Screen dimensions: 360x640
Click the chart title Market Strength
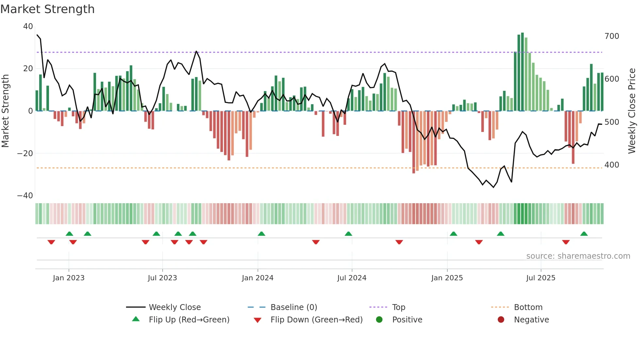(x=47, y=9)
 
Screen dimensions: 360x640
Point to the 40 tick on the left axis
(x=28, y=26)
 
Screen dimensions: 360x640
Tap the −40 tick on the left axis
(x=25, y=196)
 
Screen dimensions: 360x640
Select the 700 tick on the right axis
(x=612, y=36)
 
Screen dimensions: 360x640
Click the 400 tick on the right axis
(x=612, y=165)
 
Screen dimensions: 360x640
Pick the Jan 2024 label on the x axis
(x=258, y=278)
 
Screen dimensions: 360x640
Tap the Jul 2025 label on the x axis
(x=541, y=278)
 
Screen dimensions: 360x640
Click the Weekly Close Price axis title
(x=632, y=111)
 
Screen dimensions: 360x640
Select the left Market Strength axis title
(x=6, y=111)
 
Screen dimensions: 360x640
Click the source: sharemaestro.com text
(x=578, y=256)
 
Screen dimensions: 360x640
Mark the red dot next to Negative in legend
(x=501, y=320)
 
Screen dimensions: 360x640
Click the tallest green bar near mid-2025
(x=522, y=72)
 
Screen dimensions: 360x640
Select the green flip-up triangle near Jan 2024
(x=261, y=234)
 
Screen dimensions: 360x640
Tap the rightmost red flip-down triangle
(x=566, y=242)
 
